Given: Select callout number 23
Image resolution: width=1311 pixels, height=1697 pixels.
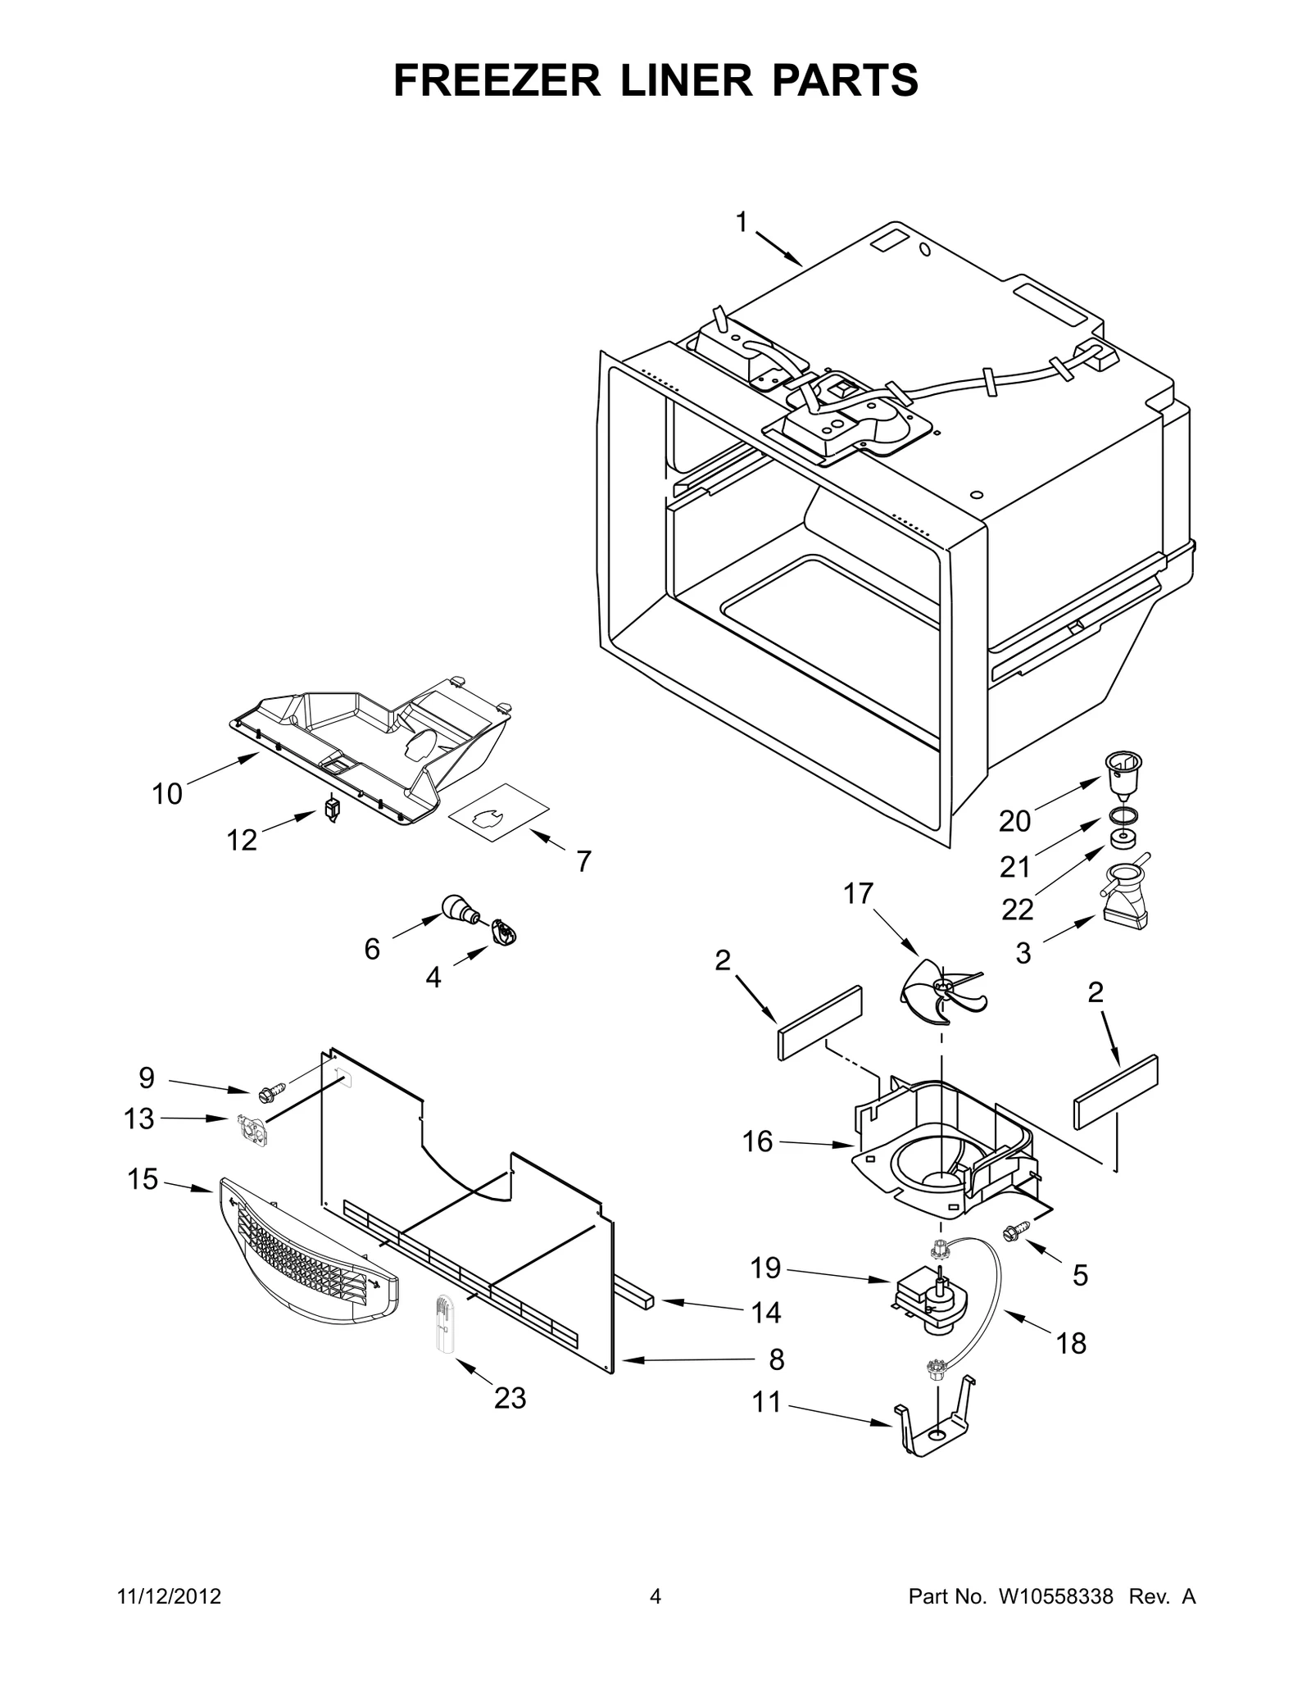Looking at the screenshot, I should point(510,1398).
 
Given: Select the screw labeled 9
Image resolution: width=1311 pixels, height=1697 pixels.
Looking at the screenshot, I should point(270,1092).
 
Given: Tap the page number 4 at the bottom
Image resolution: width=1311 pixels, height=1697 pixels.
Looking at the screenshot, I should point(655,1597).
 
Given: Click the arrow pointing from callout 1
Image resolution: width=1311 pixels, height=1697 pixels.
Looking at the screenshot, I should point(778,248).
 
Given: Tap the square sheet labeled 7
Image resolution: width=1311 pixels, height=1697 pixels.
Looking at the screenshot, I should point(498,812).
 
